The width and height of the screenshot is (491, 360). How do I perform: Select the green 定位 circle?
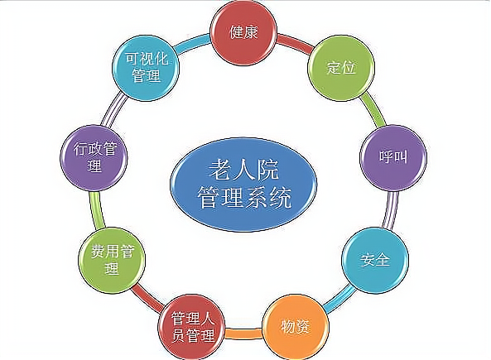point(341,68)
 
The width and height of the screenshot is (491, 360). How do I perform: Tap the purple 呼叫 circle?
point(393,157)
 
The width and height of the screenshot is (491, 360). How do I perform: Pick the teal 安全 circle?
point(375,260)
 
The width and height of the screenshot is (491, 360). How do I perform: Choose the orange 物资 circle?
point(296,327)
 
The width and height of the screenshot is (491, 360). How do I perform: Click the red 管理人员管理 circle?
point(191,327)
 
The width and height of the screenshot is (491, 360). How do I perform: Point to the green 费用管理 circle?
point(112,260)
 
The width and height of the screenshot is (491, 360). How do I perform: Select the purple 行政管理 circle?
point(94,157)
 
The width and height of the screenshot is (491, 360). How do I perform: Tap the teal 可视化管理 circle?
point(146,68)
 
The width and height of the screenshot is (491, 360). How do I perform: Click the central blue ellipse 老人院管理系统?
point(243,184)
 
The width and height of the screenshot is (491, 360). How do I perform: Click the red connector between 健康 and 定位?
point(295,43)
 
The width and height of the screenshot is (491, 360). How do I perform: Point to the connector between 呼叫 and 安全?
point(390,209)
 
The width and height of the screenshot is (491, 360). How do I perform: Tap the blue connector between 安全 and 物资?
point(339,298)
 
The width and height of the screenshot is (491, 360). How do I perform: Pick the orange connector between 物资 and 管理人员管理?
point(243,333)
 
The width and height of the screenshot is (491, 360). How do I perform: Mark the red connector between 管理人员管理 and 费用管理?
point(147,298)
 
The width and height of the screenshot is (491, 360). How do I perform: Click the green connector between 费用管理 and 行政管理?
point(97,209)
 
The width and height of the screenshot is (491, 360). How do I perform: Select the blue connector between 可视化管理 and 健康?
point(192,43)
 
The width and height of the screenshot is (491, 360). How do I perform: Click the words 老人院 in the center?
point(243,170)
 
